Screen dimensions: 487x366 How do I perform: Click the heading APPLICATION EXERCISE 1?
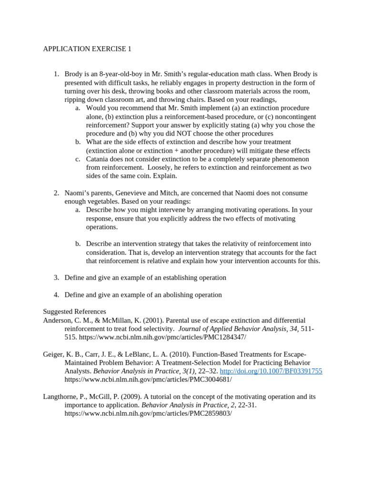point(87,49)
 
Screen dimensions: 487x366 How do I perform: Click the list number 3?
point(56,278)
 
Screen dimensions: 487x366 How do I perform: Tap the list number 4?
point(56,295)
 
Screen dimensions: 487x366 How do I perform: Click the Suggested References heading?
point(74,312)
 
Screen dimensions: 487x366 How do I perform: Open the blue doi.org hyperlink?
point(271,371)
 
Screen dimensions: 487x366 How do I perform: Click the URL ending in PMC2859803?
point(148,414)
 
